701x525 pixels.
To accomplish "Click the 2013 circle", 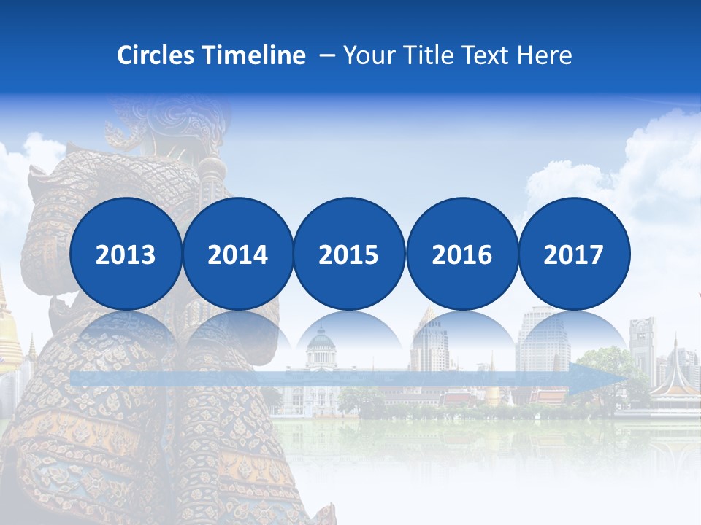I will (x=126, y=254).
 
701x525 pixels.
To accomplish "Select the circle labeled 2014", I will (x=237, y=254).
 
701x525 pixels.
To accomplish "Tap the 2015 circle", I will (x=349, y=254).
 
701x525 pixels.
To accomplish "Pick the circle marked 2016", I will (x=461, y=254).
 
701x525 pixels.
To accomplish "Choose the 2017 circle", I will (x=573, y=254).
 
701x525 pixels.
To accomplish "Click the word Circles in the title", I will (x=156, y=55).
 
